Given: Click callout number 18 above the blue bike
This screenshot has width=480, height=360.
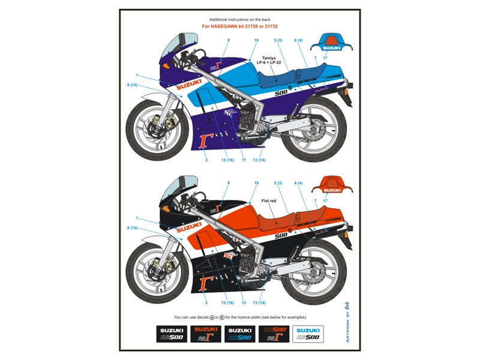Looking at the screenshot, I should (256, 40).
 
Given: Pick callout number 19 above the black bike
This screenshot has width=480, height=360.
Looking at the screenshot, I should (256, 182).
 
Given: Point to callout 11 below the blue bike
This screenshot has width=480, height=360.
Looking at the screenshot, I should (244, 160).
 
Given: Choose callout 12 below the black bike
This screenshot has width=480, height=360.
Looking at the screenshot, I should (244, 302).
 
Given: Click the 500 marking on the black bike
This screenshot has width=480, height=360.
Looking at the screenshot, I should (281, 236).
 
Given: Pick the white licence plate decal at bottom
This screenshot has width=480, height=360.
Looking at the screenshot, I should (308, 334).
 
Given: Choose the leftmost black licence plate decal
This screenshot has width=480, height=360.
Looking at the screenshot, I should (172, 334).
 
